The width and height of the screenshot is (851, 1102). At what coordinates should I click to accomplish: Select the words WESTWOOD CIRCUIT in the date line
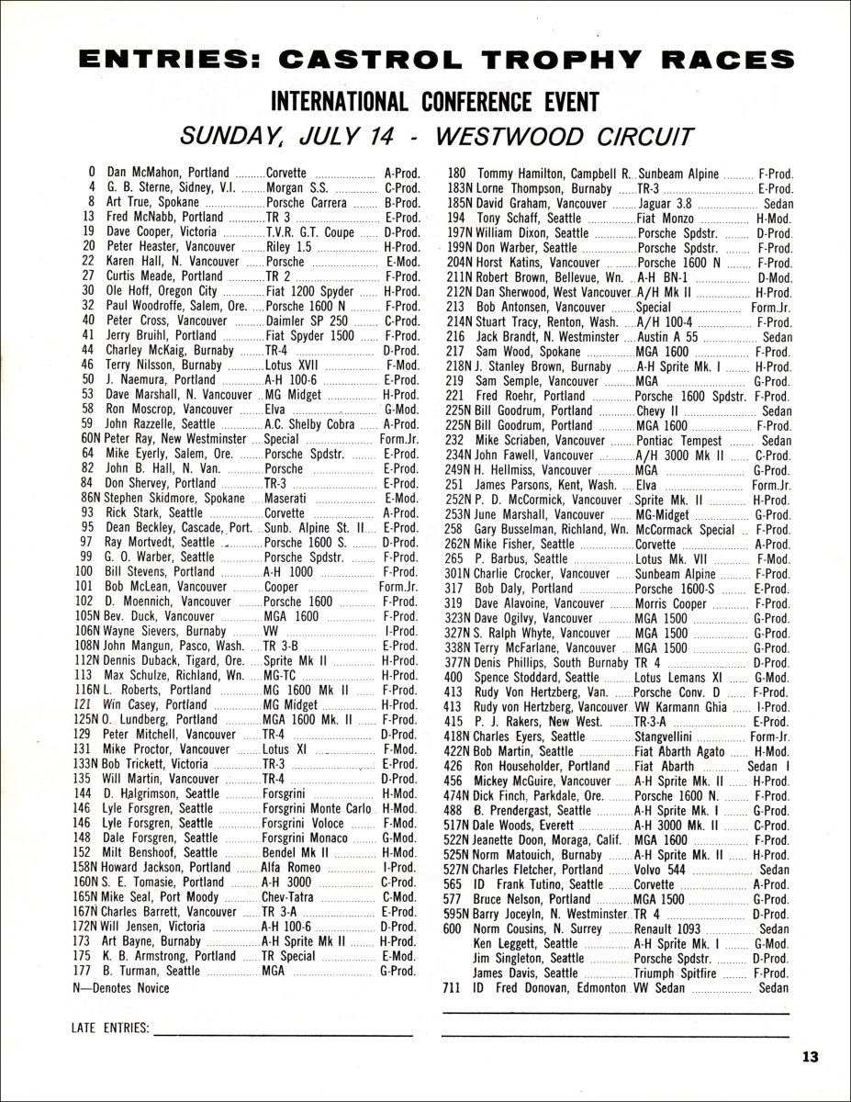562,135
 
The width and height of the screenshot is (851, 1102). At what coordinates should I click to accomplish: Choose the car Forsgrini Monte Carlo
317,808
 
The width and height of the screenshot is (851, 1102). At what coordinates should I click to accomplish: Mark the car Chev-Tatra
295,896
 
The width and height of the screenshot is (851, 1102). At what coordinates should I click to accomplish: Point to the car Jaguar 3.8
669,201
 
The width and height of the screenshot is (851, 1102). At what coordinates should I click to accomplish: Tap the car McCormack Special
686,530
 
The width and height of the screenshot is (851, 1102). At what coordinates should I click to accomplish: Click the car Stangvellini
673,736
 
